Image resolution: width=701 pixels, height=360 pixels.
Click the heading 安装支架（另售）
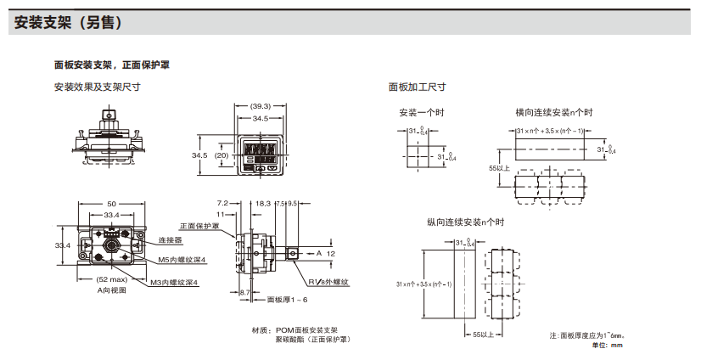(70, 23)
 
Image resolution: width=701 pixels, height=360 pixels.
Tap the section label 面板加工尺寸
(417, 87)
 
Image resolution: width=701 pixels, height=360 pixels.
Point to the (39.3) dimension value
(261, 106)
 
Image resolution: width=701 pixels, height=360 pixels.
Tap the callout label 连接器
(171, 240)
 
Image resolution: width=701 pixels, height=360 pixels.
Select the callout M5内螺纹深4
(182, 260)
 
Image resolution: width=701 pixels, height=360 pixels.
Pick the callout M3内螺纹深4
(173, 282)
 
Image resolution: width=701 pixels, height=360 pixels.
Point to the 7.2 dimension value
(223, 204)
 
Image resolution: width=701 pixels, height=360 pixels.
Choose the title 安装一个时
(422, 112)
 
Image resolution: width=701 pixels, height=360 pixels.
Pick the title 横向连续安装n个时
(553, 112)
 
